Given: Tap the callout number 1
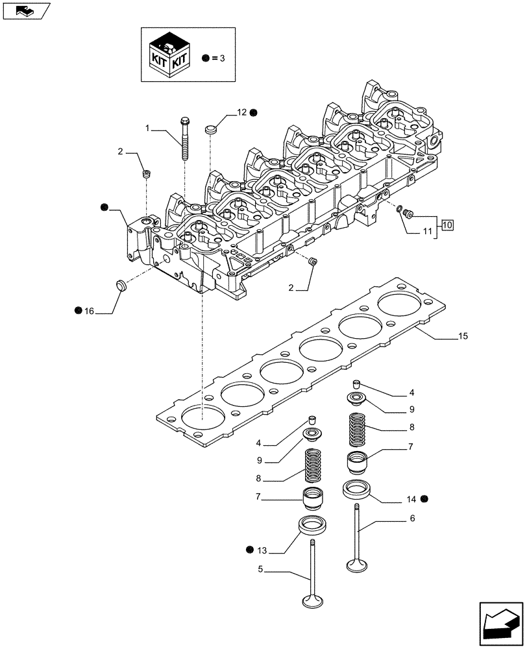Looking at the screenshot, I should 148,129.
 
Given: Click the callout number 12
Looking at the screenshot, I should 241,113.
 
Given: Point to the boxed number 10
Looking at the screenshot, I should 447,225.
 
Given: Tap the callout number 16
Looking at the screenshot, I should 89,312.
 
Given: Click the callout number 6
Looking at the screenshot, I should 413,519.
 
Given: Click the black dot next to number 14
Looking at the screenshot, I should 424,498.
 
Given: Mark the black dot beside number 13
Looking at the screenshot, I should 250,550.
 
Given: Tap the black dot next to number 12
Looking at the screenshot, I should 254,113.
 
